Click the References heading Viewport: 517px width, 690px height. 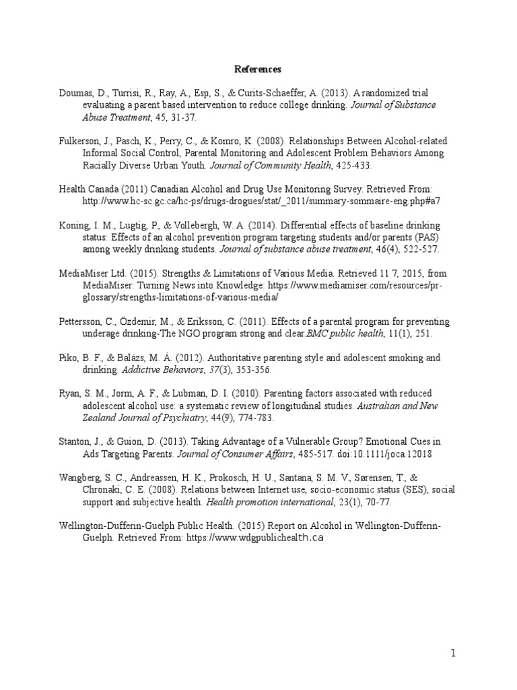tap(258, 69)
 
